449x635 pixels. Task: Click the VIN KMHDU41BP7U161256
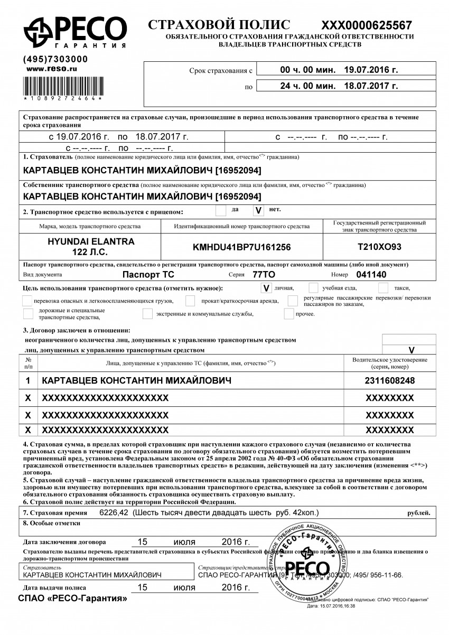point(241,247)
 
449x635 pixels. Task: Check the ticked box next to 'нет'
point(258,211)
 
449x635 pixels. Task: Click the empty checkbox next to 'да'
point(220,211)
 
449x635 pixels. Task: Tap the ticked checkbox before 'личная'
point(266,288)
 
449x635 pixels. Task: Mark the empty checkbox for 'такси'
point(383,288)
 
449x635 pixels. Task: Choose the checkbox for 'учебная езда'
point(313,288)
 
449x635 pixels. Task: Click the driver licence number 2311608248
point(390,380)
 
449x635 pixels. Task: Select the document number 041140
point(372,275)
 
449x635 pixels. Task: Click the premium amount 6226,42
point(113,513)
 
